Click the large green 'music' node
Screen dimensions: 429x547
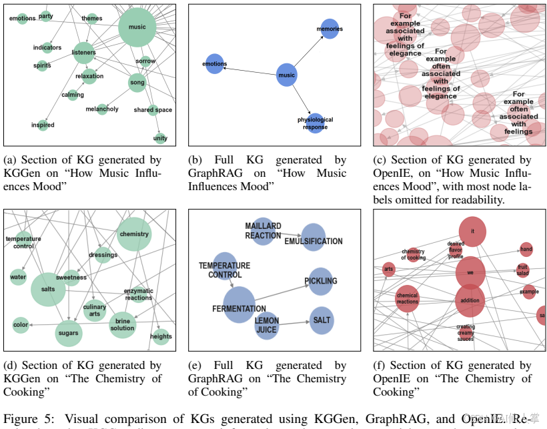tap(137, 27)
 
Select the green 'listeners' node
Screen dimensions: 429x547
tap(84, 53)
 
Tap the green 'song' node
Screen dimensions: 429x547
tap(137, 83)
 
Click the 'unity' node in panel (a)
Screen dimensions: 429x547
tap(160, 138)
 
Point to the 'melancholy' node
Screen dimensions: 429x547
tap(102, 109)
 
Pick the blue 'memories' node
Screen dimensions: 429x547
tap(330, 29)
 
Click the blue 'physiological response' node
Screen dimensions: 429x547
tap(316, 123)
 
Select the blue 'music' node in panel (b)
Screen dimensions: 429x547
tap(286, 75)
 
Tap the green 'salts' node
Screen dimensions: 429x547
tap(48, 289)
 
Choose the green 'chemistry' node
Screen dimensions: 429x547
tap(134, 234)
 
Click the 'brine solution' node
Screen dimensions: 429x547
tap(123, 324)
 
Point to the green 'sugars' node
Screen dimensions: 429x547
tap(68, 332)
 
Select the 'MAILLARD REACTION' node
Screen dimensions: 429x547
tap(263, 231)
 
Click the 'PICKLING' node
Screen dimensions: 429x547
tap(321, 282)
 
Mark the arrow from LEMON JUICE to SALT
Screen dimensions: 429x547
tap(294, 323)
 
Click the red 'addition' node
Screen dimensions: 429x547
tap(470, 300)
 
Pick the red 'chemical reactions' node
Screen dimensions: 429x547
tap(407, 298)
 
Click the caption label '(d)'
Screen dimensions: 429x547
tap(11, 366)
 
